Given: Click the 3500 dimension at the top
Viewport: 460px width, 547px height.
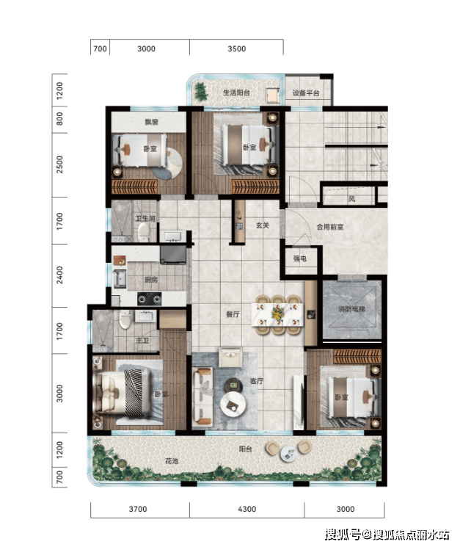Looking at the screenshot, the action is [237, 49].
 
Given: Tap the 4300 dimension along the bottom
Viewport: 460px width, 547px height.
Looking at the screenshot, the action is [247, 509].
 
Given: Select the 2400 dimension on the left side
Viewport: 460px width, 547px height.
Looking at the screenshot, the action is [60, 275].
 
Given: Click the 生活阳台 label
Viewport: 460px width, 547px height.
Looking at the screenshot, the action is [236, 93].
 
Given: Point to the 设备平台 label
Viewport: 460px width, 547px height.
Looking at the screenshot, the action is [306, 93].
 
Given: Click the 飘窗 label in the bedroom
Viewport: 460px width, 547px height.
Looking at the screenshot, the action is [151, 122].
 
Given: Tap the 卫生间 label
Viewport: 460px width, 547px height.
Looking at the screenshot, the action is [145, 218].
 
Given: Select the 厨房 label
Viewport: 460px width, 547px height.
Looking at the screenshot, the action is [151, 280].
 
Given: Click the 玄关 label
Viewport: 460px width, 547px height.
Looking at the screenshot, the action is [263, 225].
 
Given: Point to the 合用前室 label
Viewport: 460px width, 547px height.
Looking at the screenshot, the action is [329, 227].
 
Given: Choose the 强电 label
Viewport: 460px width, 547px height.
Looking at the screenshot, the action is [299, 258].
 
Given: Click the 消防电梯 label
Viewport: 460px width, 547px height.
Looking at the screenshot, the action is [351, 309].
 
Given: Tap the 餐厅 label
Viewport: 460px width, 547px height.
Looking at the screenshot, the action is [233, 314].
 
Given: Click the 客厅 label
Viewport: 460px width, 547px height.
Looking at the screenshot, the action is [257, 381].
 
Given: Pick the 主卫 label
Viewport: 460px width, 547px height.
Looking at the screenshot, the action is [142, 340].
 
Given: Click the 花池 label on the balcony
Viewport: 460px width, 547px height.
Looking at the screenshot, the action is [172, 461].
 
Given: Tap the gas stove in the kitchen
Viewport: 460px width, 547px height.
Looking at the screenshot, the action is [150, 299].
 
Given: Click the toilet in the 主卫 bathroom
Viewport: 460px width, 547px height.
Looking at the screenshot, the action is [125, 320].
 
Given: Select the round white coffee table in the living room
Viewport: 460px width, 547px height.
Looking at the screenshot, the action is [233, 404].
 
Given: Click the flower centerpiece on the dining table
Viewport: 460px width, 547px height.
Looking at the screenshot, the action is [277, 313].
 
